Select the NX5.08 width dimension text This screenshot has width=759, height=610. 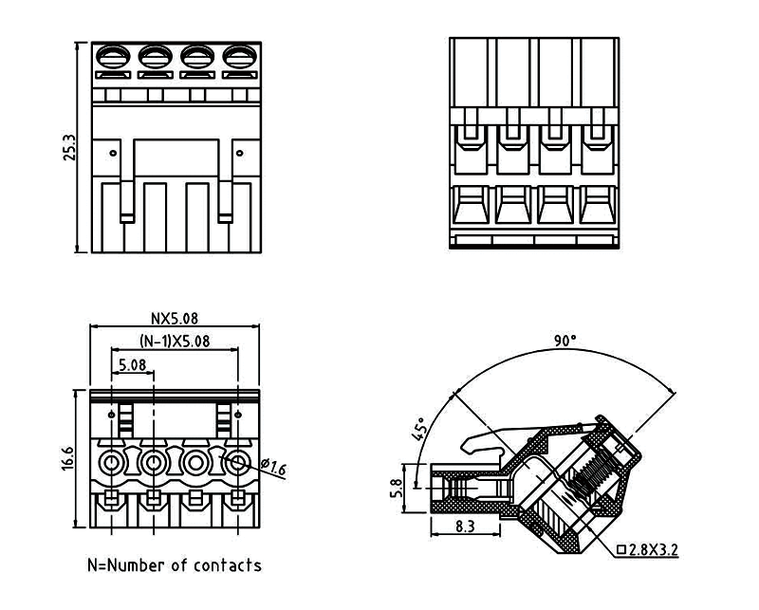point(175,319)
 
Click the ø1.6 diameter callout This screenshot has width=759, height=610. point(270,468)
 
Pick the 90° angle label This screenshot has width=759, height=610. point(565,341)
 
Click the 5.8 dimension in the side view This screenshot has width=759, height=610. point(398,488)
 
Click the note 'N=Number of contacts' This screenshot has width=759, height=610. point(174,565)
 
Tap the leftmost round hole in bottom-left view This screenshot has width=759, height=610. point(112,464)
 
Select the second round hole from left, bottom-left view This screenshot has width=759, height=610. point(154,464)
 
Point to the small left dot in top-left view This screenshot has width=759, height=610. point(113,152)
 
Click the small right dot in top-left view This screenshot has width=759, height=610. point(238,152)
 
